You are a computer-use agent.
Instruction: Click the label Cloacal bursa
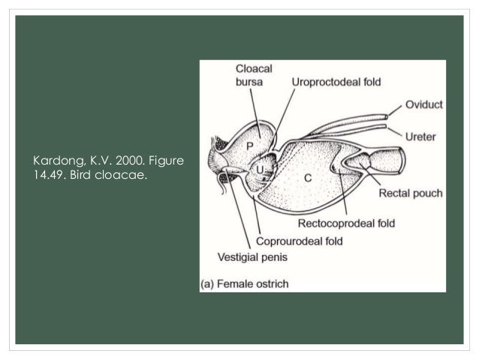(x=253, y=74)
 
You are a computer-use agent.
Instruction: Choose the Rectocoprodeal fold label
(x=346, y=223)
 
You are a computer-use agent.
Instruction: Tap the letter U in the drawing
(x=259, y=171)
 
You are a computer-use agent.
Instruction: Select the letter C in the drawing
(x=307, y=177)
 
